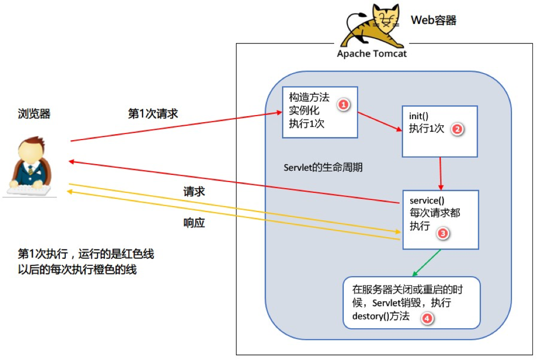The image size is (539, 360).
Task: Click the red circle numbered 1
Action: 343,104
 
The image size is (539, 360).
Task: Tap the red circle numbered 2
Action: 457,129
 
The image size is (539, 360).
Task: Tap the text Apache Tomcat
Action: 371,54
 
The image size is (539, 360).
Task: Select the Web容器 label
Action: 433,20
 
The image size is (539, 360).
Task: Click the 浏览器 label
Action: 34,114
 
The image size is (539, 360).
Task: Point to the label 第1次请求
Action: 153,114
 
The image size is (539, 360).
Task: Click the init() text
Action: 418,117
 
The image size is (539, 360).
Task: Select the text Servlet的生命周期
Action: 323,168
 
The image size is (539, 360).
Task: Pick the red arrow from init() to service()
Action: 440,173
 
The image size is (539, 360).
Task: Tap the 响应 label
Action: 194,223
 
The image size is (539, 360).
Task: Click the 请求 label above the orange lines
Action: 194,192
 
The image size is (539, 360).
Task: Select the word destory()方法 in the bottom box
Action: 381,316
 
